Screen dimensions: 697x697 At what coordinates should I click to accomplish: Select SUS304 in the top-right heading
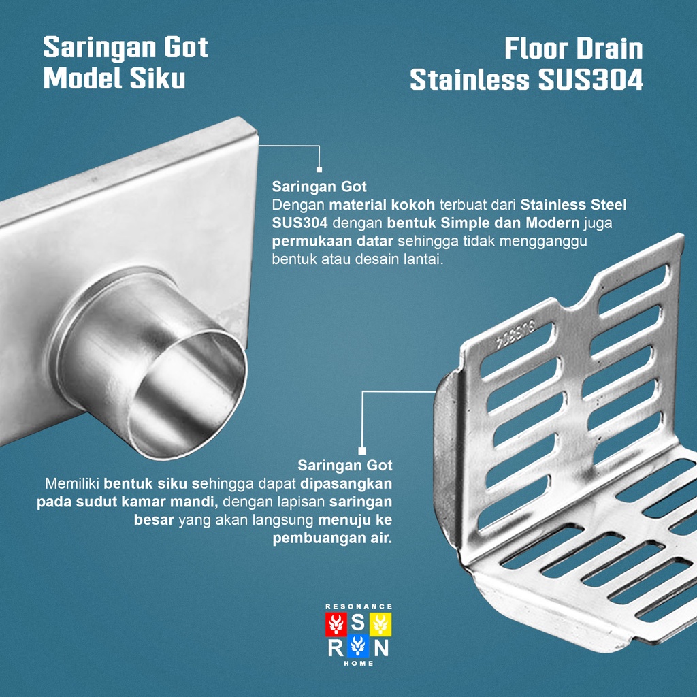click(x=590, y=80)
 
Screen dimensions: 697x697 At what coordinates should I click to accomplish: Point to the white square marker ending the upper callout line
click(x=319, y=170)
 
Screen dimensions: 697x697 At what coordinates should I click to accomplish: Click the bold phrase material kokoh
click(x=382, y=205)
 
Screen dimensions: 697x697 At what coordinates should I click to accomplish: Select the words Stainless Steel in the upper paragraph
click(x=574, y=205)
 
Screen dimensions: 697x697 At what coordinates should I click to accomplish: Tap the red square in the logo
click(x=336, y=623)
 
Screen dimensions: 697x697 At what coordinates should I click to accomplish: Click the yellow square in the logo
click(x=381, y=623)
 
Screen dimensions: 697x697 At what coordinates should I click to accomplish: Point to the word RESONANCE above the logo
click(x=359, y=606)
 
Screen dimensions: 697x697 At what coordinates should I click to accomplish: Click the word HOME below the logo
click(x=359, y=664)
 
